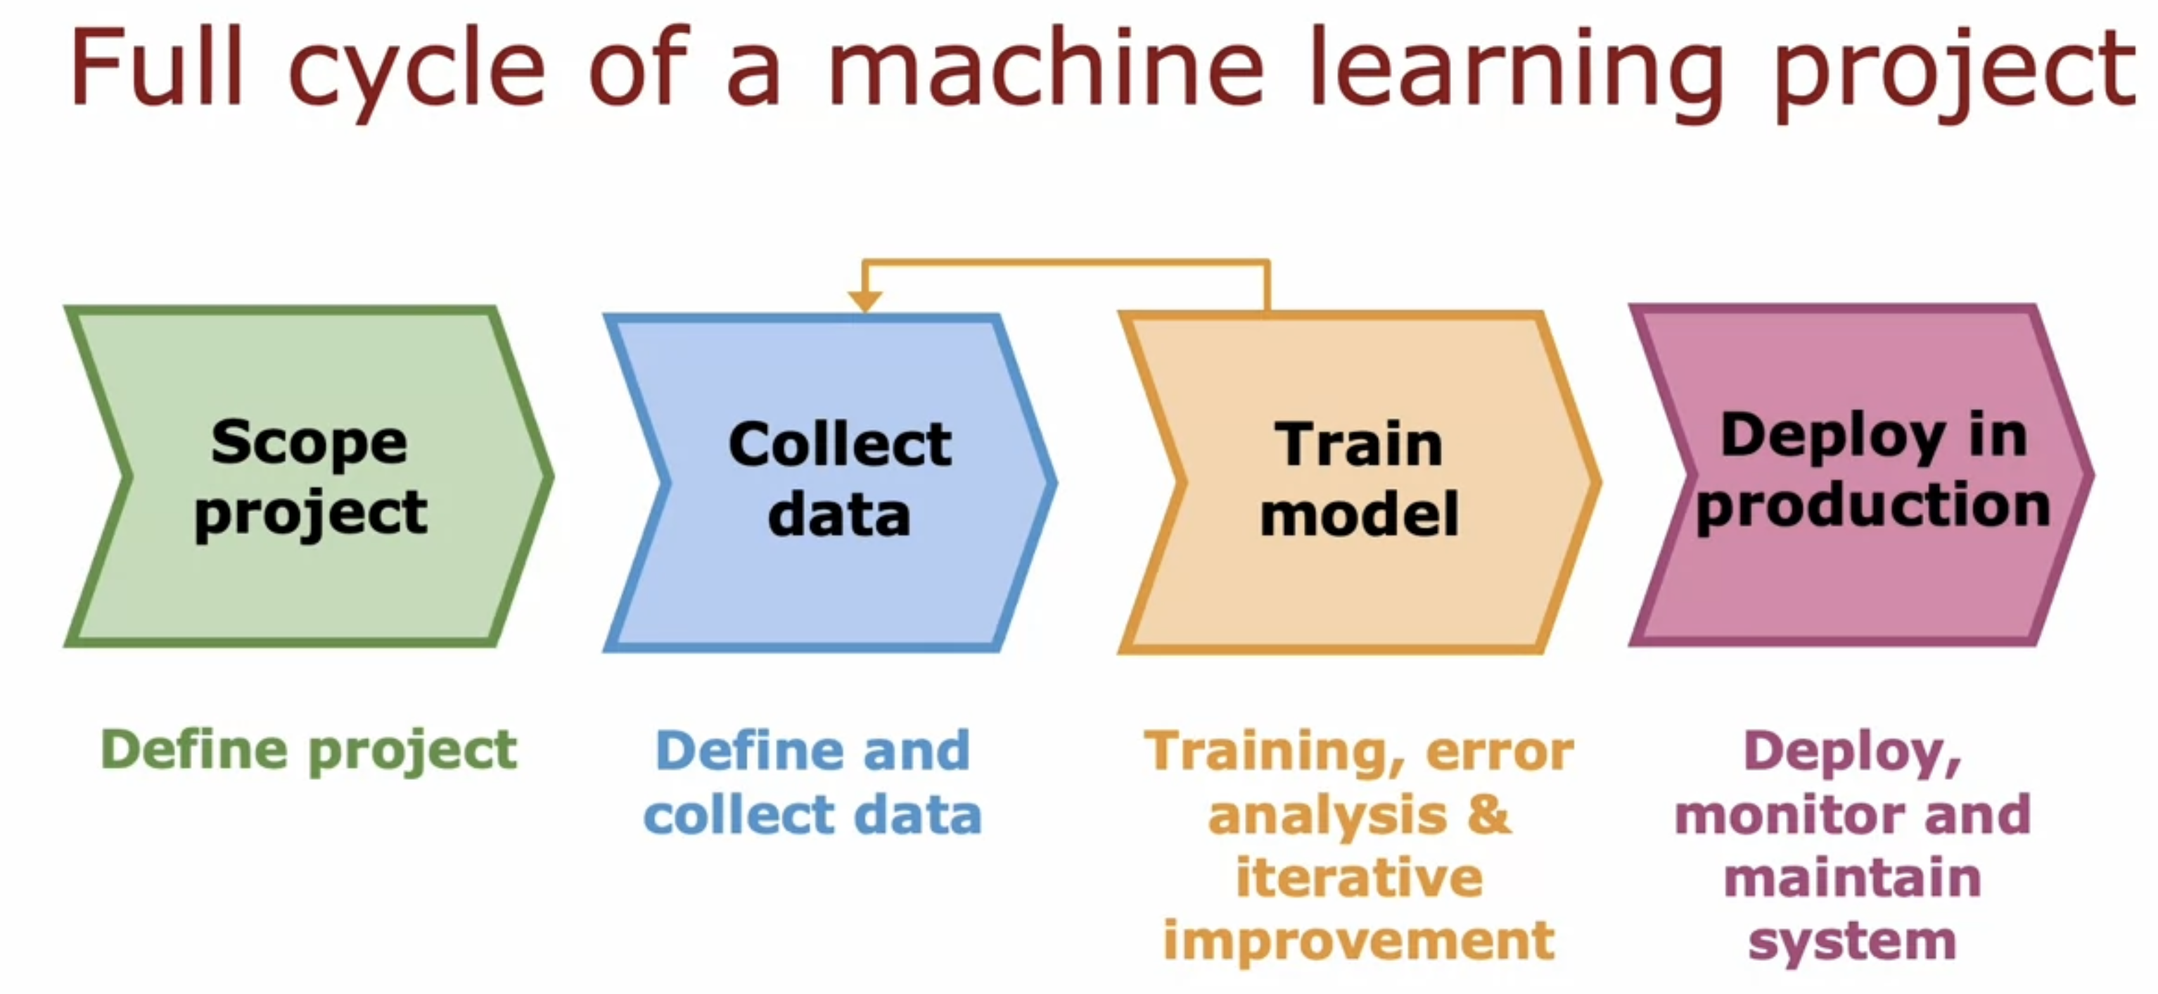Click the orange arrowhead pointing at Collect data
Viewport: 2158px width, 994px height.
point(864,300)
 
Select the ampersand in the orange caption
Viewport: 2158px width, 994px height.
point(1488,814)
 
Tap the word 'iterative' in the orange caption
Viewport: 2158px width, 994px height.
point(1359,878)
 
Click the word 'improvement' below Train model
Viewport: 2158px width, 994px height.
point(1359,940)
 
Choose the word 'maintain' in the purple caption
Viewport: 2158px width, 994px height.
point(1852,878)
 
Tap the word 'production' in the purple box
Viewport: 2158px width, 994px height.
point(1873,506)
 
